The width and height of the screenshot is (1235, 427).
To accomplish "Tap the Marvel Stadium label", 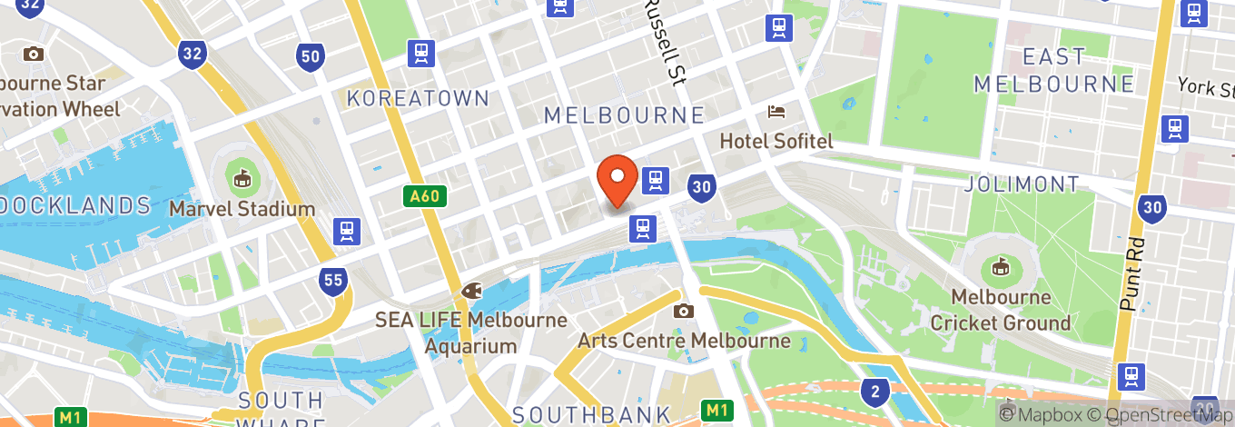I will tap(242, 209).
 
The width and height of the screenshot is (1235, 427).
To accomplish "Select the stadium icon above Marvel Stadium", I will tap(242, 179).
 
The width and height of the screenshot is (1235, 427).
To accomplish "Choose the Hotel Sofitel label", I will tap(776, 142).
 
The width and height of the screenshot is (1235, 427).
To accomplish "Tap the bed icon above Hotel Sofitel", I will tap(777, 112).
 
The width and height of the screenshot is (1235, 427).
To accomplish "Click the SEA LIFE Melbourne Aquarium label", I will tap(471, 333).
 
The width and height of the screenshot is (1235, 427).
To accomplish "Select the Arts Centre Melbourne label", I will tap(684, 342).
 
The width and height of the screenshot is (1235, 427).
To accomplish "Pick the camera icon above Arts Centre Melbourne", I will tap(683, 312).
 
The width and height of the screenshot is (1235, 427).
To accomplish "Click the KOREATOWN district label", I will tap(418, 98).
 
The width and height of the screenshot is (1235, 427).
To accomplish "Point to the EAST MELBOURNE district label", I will tap(1053, 70).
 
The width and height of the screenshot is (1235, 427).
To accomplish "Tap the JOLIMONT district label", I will tap(1022, 184).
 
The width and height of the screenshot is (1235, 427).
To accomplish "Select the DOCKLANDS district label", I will tap(73, 205).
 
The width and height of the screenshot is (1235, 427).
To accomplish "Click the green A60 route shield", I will tap(425, 196).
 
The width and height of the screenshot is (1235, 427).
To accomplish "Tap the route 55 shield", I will tap(332, 280).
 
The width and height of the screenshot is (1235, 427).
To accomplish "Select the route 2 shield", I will tap(874, 391).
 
